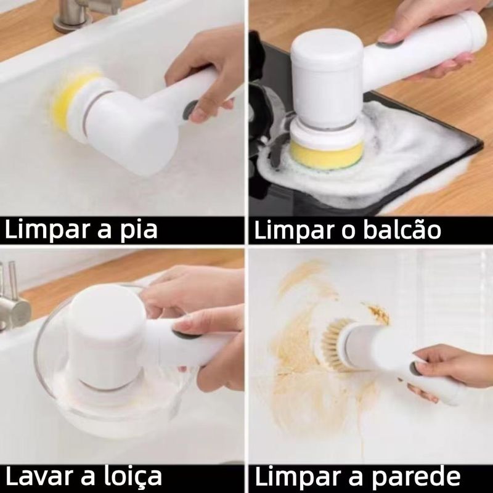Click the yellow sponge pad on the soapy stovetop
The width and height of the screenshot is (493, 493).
pos(327,155)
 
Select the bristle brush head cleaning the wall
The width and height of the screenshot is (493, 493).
pos(336,344)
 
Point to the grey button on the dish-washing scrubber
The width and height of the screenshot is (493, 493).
pos(186,334)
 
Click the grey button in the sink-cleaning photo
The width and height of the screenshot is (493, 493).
pos(189,110)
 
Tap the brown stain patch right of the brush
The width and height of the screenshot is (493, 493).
pos(378,312)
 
